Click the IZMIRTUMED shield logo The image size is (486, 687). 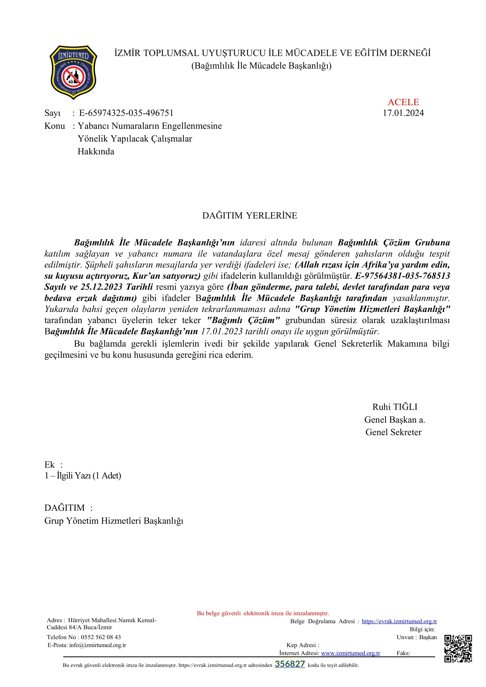(73, 73)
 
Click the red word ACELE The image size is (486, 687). (403, 102)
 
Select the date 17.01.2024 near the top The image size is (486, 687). (403, 113)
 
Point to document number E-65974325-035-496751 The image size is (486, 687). (126, 113)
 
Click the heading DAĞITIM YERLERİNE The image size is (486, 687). (249, 215)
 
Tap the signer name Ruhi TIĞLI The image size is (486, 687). (394, 407)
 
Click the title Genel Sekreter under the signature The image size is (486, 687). (393, 432)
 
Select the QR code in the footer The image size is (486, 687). (458, 649)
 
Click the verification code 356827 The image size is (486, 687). (290, 664)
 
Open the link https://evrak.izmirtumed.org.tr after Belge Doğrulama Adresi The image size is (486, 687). (399, 621)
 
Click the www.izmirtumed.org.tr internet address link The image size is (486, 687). (351, 653)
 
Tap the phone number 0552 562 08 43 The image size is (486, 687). (101, 637)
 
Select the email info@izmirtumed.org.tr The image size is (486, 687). (98, 645)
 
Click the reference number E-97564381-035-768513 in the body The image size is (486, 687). (403, 276)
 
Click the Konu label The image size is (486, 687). (54, 126)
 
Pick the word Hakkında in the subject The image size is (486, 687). (96, 151)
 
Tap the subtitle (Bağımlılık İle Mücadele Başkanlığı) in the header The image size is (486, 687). (261, 65)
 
